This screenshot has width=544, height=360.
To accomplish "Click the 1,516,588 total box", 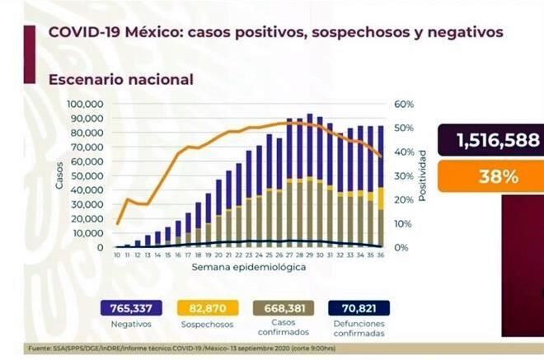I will click(x=490, y=139).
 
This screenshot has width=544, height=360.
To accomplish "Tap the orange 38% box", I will click(x=490, y=175).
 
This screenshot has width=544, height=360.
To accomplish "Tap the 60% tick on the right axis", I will click(x=402, y=105).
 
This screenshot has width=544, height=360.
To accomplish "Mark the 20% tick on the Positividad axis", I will click(x=402, y=200).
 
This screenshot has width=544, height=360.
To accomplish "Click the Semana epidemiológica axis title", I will click(x=238, y=269).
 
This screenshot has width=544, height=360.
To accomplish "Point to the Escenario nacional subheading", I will click(x=120, y=80).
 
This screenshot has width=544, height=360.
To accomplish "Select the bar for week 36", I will click(x=380, y=186).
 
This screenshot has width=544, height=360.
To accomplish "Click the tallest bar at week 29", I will click(x=309, y=180).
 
